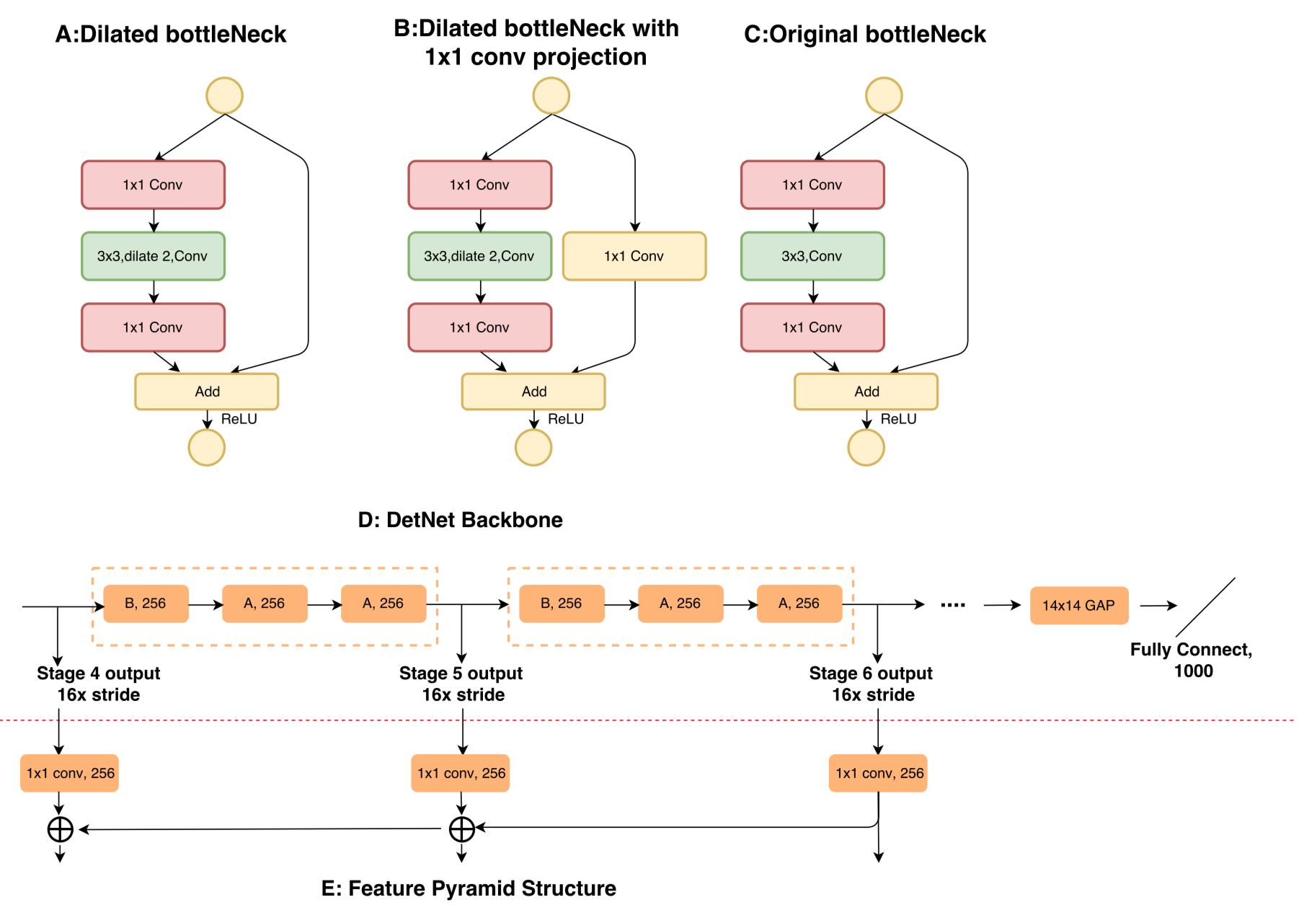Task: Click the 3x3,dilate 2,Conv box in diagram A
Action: pos(153,256)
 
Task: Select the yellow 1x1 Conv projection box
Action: pos(634,256)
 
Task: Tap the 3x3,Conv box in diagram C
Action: pos(812,256)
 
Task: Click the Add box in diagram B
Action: pos(533,392)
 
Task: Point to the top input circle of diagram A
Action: pos(224,96)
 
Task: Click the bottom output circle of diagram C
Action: pos(866,448)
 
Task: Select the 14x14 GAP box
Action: pos(1078,606)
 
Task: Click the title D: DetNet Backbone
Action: pos(460,520)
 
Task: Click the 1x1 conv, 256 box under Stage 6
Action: pos(877,773)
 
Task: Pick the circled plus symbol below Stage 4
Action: pos(61,829)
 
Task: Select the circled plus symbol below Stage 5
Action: pos(461,829)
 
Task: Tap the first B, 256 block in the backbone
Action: pos(146,604)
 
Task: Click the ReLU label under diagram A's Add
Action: pos(239,419)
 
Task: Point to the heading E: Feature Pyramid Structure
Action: pos(469,888)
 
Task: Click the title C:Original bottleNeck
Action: pos(864,34)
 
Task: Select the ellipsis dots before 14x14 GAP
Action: pos(952,605)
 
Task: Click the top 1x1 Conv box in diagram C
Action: pos(812,185)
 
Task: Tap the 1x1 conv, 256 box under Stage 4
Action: pos(70,773)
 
